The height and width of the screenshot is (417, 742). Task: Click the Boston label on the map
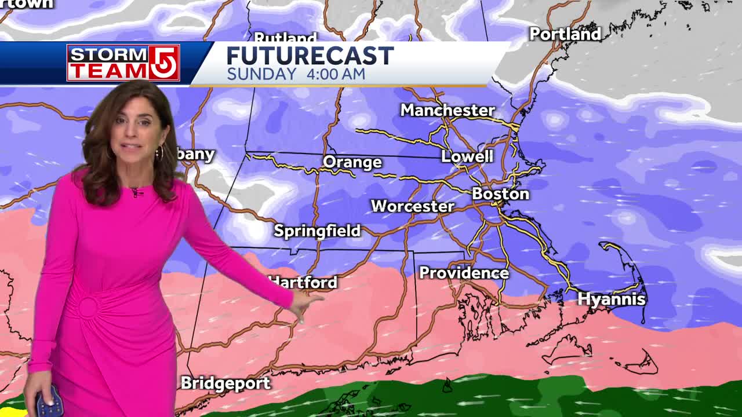point(500,194)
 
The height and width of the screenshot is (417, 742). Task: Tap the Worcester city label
point(412,206)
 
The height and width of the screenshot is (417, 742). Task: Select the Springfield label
point(317,231)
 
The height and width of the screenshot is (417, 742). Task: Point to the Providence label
point(464,273)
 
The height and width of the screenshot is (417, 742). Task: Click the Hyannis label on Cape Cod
point(612,299)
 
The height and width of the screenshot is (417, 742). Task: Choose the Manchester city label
point(448,110)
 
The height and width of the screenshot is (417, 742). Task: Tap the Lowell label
point(467,156)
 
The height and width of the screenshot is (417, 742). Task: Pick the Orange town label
point(352,162)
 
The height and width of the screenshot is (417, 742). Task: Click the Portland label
point(565,34)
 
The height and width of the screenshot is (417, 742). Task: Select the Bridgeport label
point(225,383)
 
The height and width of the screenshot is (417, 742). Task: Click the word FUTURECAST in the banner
point(310,56)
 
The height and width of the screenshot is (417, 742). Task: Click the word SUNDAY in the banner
point(261,74)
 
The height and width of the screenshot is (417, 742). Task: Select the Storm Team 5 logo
point(123,63)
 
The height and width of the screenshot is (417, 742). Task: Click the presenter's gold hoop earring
point(158,153)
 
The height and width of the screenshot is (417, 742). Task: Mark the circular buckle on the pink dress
point(89,308)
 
